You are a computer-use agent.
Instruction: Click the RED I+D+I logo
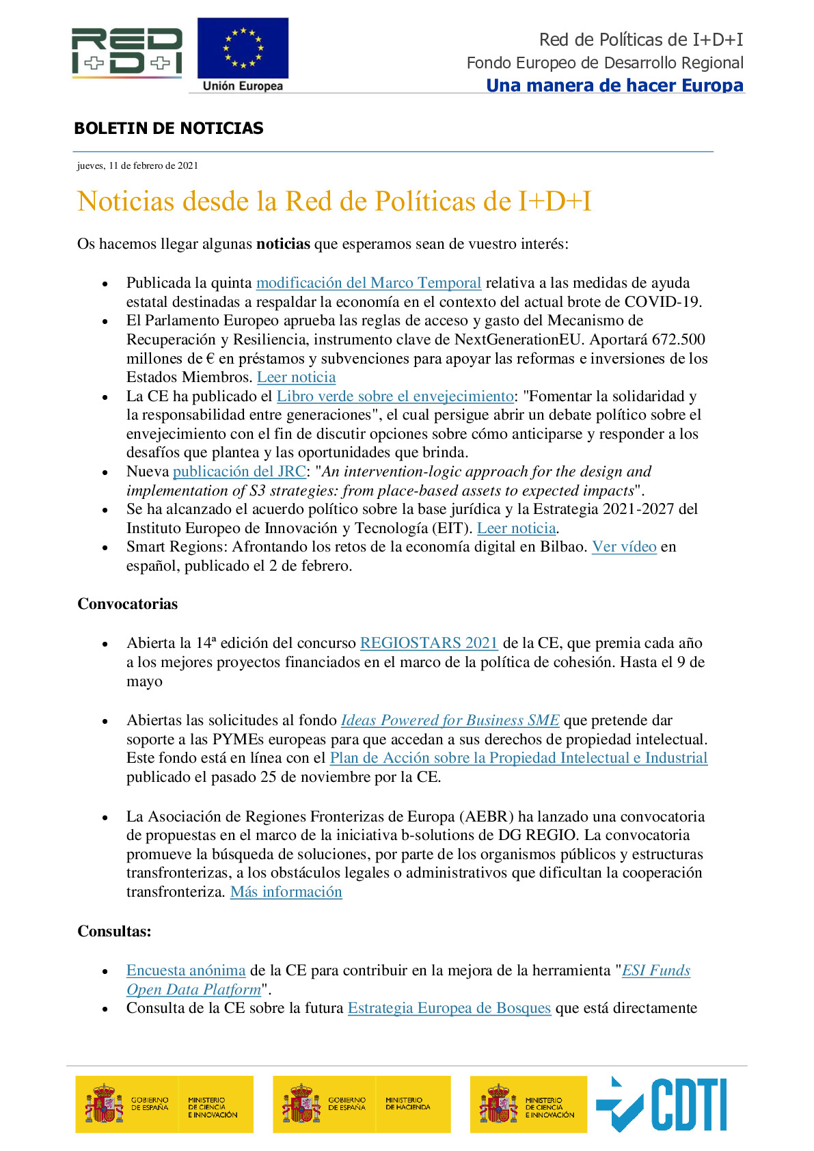(x=127, y=51)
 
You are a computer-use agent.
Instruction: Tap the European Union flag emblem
(x=243, y=49)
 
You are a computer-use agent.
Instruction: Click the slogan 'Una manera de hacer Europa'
(x=614, y=85)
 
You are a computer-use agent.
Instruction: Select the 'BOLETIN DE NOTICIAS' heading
(x=168, y=128)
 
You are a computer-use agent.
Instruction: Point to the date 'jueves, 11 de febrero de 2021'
(x=137, y=165)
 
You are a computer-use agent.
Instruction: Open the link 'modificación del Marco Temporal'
(x=368, y=283)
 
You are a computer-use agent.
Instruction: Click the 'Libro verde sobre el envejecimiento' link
(x=395, y=396)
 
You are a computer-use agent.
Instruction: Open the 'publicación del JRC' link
(x=239, y=472)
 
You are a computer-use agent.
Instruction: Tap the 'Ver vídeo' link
(x=624, y=547)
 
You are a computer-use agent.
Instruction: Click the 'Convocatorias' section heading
(x=127, y=604)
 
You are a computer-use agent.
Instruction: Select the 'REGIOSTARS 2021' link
(x=429, y=643)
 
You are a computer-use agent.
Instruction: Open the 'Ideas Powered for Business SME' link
(x=450, y=720)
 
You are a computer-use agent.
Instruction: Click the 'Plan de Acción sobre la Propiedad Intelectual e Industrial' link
(x=518, y=758)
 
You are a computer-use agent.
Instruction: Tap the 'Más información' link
(x=286, y=892)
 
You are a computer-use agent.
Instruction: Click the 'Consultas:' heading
(x=114, y=932)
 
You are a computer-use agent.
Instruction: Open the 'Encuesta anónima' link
(x=186, y=971)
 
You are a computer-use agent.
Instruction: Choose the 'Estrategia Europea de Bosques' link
(x=449, y=1008)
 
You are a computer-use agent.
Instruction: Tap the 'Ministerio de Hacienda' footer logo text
(x=407, y=1104)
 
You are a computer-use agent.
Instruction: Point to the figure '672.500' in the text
(x=678, y=340)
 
